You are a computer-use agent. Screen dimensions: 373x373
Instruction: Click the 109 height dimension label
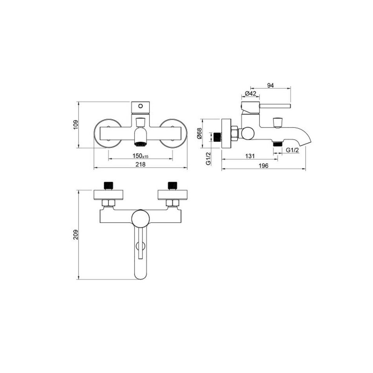tap(76, 124)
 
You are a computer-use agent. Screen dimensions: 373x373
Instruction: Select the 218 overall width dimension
tap(141, 165)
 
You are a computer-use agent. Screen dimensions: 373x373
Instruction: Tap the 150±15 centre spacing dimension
tap(140, 156)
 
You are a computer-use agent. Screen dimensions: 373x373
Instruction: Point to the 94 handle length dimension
tap(271, 85)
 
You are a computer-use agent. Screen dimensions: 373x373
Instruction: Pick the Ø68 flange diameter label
tap(199, 133)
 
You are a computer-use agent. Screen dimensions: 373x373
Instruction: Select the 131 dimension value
tap(250, 156)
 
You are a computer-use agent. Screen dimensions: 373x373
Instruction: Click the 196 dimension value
tap(263, 166)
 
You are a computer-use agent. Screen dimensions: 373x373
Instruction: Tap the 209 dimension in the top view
tap(76, 234)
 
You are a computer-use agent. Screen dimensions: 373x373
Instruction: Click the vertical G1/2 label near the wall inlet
tap(208, 158)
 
